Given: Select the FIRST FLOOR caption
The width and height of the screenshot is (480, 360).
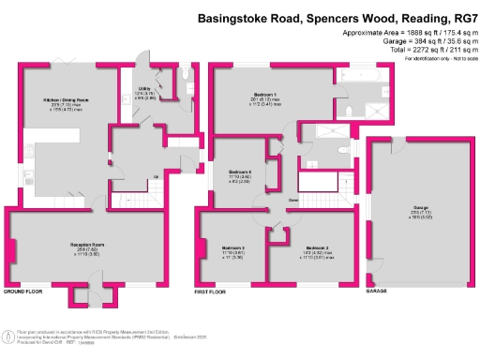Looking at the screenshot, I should (213, 292).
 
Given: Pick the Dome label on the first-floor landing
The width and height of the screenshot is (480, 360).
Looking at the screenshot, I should (293, 201).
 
